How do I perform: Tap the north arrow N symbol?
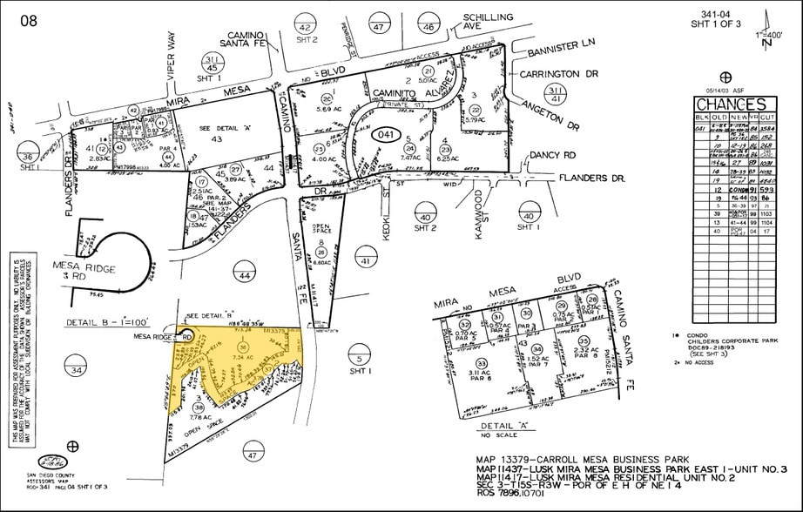pos(766,41)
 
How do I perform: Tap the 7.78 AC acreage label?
pos(199,417)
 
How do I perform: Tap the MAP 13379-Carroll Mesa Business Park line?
pos(582,459)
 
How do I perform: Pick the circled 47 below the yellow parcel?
pos(253,455)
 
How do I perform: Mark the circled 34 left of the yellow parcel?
pos(78,371)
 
